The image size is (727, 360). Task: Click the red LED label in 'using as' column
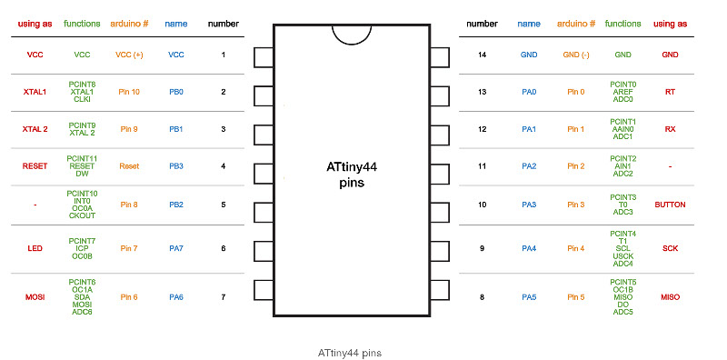(35, 247)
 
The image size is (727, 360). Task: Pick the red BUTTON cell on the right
(670, 205)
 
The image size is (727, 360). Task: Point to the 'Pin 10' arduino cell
(129, 92)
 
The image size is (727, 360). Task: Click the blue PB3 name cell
(176, 166)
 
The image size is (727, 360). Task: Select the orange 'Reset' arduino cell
(129, 166)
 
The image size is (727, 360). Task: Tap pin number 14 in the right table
(483, 55)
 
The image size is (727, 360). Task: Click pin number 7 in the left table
(223, 296)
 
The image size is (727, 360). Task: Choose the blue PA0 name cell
(529, 92)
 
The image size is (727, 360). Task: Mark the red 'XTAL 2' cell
(35, 129)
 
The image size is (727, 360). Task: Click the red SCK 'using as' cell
(670, 247)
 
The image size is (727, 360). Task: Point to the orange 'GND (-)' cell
(576, 55)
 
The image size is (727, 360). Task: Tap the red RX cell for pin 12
(670, 129)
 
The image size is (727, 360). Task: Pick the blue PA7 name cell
(176, 247)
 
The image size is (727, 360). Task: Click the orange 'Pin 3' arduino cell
(576, 205)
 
